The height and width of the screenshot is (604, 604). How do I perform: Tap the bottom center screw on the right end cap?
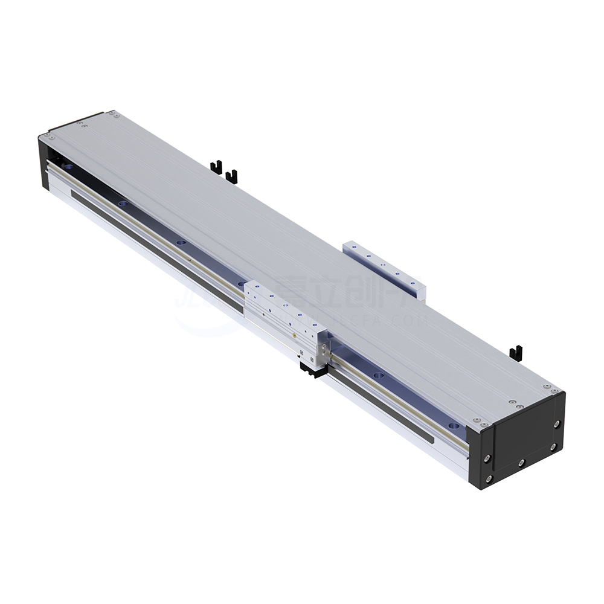click(x=521, y=463)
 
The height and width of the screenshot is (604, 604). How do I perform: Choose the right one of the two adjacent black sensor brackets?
click(x=231, y=176)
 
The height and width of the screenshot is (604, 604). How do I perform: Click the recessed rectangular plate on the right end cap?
click(x=522, y=440)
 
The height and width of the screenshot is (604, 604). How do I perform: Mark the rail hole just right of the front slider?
click(x=379, y=376)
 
